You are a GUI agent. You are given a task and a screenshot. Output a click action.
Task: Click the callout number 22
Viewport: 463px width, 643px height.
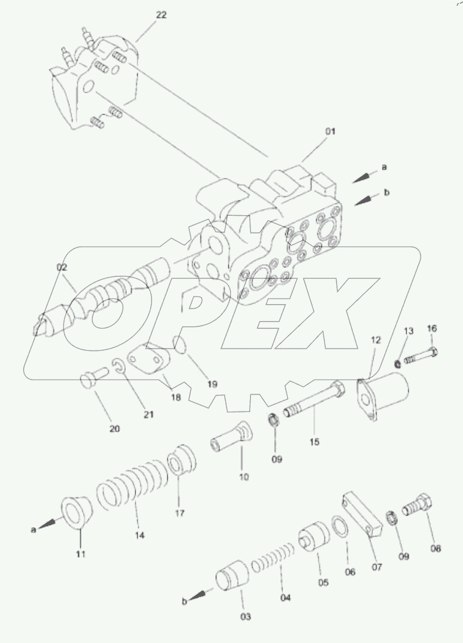click(161, 15)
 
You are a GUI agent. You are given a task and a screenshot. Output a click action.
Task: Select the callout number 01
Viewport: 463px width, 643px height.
click(330, 132)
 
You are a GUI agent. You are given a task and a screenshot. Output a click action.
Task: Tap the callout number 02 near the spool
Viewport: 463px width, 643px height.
click(63, 267)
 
